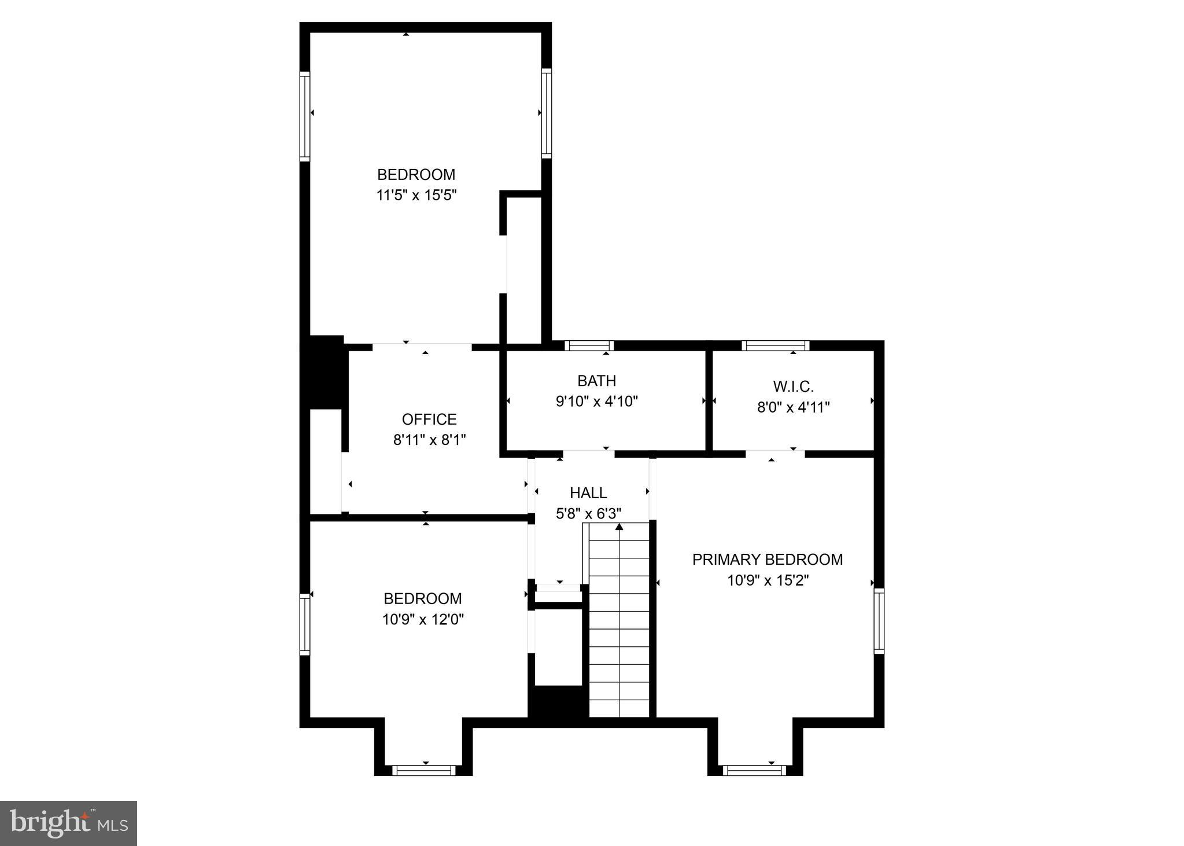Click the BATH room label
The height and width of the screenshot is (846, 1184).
point(596,381)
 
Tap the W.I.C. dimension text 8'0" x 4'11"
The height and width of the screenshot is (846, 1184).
point(793,407)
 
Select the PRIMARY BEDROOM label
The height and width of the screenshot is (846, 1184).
point(767,560)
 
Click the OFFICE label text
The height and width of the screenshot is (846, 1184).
point(429,419)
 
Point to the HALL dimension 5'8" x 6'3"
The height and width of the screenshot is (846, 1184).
point(588,513)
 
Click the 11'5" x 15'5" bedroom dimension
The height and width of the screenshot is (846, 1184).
point(416,195)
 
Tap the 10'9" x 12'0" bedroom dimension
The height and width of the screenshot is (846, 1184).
point(423,620)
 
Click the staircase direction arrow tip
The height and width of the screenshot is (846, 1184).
point(619,526)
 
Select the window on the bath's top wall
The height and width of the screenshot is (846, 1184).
point(589,345)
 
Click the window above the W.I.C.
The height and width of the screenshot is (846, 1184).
point(775,345)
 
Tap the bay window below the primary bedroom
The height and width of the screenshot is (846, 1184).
point(754,770)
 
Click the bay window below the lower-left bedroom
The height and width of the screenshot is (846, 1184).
point(424,770)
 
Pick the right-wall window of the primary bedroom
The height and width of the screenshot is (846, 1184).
point(879,621)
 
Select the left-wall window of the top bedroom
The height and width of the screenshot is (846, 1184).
point(304,116)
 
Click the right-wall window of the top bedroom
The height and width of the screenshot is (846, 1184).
point(546,113)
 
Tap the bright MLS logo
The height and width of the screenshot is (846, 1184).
point(68,823)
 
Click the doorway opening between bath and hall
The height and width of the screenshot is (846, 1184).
point(589,453)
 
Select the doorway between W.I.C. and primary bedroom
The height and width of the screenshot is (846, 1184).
point(775,453)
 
